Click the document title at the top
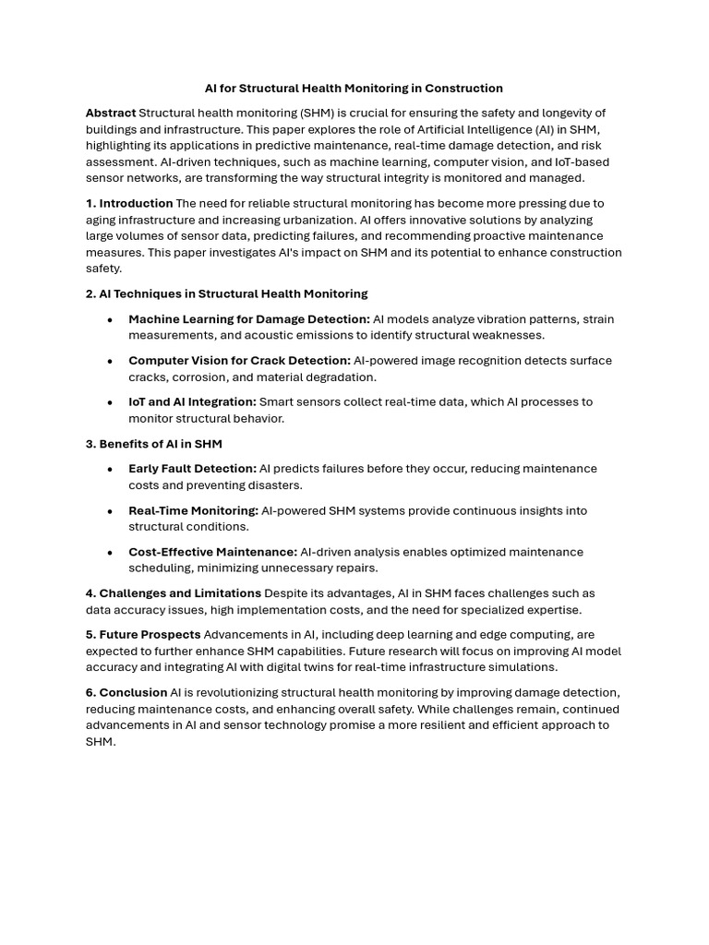coord(354,89)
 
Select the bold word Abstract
coord(111,113)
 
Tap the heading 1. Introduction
coord(129,203)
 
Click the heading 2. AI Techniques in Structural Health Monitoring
coord(226,293)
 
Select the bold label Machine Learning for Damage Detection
coord(248,319)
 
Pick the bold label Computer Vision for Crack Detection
coord(239,361)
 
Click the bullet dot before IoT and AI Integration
coord(110,402)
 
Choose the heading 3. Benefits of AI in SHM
coord(154,444)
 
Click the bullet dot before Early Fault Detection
coord(110,469)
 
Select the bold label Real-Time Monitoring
coord(193,510)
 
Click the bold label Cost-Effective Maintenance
coord(212,552)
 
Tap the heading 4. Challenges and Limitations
coord(174,593)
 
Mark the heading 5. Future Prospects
coord(143,635)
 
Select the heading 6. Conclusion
coord(126,693)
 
